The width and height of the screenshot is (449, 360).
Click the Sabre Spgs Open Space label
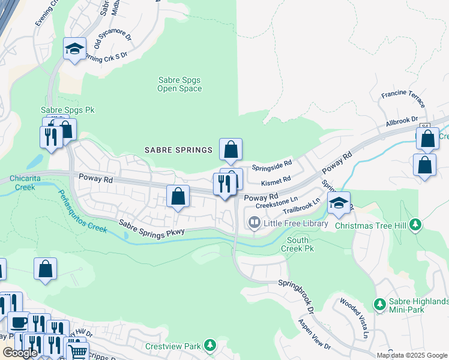(x=179, y=84)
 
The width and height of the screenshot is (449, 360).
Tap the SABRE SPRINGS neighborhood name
(x=178, y=149)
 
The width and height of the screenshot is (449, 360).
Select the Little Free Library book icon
(x=255, y=223)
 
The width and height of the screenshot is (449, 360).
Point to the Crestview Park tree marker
(x=209, y=346)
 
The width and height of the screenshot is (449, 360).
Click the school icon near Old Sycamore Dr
(x=75, y=49)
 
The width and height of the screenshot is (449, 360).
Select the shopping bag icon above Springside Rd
(x=231, y=149)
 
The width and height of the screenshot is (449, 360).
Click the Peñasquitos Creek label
(x=82, y=211)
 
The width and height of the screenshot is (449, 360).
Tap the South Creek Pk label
(x=298, y=244)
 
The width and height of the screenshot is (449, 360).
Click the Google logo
(x=20, y=353)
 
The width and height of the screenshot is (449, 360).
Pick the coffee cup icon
(x=17, y=322)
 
